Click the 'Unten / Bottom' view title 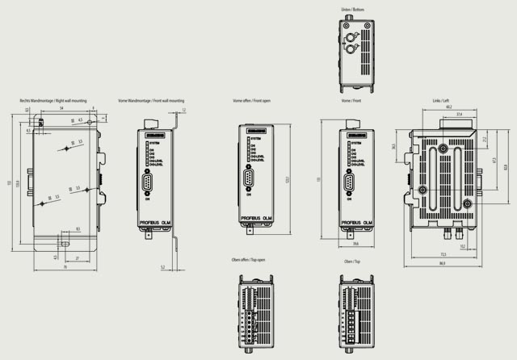(353, 9)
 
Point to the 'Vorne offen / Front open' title (251, 100)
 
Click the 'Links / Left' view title (441, 100)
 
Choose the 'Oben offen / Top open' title (248, 262)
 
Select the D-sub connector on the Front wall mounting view (150, 184)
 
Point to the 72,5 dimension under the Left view (443, 254)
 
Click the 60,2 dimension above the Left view (448, 107)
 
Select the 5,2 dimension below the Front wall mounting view (162, 266)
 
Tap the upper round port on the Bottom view (352, 38)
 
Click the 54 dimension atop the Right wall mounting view (61, 107)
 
